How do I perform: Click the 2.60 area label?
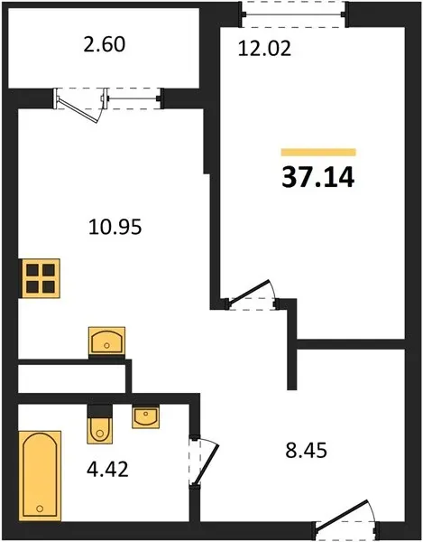(105, 45)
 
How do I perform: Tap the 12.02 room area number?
(264, 49)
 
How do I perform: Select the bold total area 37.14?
(318, 178)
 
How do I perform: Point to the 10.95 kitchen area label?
(115, 228)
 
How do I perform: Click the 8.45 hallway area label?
(306, 451)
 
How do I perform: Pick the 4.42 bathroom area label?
(107, 470)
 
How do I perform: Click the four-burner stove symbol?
(41, 278)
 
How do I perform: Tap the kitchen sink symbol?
(106, 341)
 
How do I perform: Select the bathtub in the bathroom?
(40, 476)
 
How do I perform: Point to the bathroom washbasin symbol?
(145, 416)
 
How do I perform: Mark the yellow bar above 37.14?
(318, 153)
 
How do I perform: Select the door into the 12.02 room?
(249, 293)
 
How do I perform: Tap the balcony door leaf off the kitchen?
(79, 110)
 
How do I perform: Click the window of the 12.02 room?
(294, 14)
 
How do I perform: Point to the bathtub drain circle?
(40, 509)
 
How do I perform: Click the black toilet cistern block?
(100, 411)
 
